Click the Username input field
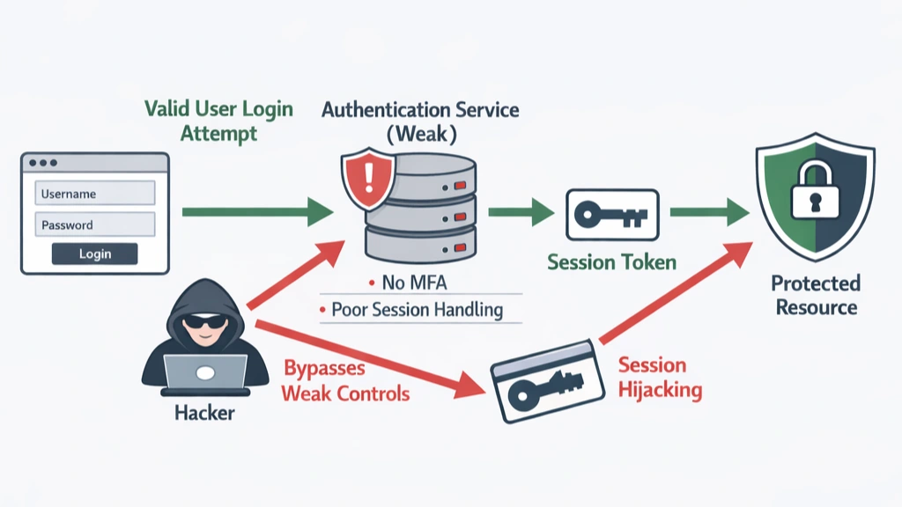tap(95, 194)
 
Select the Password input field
tap(95, 224)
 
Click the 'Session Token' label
tap(611, 262)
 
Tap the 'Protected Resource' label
tap(814, 295)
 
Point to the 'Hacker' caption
tap(204, 412)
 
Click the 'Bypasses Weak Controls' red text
tap(345, 380)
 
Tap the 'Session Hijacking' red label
tap(660, 377)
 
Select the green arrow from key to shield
tap(709, 212)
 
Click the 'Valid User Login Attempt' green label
tap(218, 121)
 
